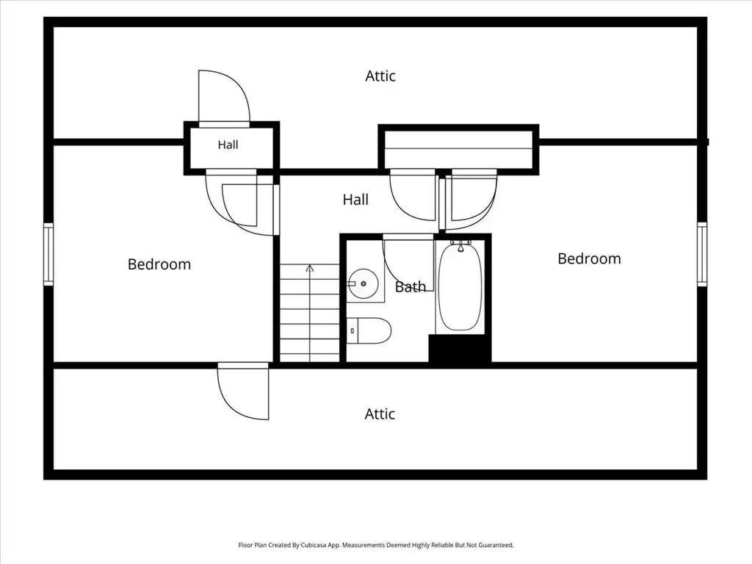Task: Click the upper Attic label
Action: [380, 76]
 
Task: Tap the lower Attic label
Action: [380, 414]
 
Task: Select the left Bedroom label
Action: [159, 264]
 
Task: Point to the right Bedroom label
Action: [589, 259]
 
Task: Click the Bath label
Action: [411, 287]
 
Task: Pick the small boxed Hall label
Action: [228, 145]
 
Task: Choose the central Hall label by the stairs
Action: [355, 200]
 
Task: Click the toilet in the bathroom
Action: [369, 330]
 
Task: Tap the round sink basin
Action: [363, 283]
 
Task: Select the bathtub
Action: [460, 287]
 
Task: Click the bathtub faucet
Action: [460, 245]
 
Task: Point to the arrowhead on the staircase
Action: [310, 268]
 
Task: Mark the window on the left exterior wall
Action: [48, 254]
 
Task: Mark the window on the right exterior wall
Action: [701, 254]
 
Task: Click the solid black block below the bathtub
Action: [460, 349]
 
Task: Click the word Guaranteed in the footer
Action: [497, 545]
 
